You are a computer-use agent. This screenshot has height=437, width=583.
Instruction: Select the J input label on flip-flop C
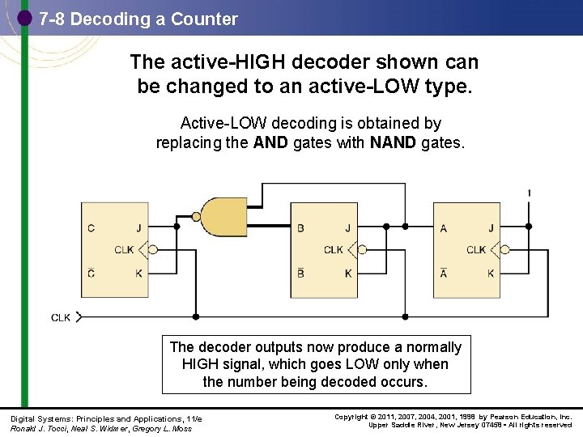coord(138,228)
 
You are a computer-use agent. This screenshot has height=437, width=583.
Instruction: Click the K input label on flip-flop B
coord(348,274)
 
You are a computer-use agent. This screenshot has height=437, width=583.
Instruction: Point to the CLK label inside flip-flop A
coord(476,250)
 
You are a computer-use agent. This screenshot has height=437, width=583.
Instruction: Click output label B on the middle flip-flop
coord(300,228)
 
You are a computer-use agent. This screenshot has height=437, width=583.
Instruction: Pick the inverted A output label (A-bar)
coord(444,273)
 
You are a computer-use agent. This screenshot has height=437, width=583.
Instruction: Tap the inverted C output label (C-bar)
coord(91,273)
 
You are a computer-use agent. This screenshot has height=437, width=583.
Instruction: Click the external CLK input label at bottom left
coord(61,317)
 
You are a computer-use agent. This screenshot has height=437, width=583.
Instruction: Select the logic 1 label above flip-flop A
coord(529,193)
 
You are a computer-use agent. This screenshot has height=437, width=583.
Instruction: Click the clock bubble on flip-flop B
coord(364,250)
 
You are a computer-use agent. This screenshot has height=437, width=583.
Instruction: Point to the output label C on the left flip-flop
coord(91,228)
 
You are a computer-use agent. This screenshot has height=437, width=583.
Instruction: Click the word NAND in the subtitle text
coord(394,143)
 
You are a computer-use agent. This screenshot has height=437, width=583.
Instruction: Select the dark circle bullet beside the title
coord(24,17)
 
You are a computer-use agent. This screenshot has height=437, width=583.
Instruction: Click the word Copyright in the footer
coord(353,417)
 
